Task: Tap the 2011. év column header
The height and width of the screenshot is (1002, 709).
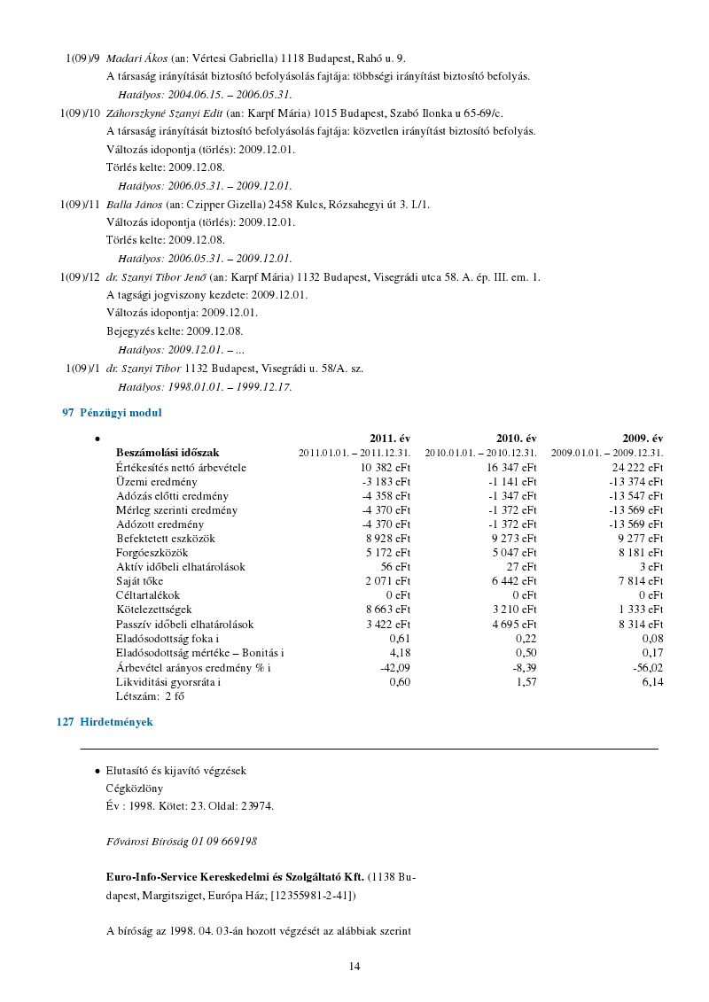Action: click(x=390, y=439)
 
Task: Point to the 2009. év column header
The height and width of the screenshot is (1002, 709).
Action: click(x=643, y=439)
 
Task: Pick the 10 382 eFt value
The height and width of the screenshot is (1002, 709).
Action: click(x=386, y=467)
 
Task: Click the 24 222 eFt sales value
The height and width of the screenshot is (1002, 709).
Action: click(x=638, y=467)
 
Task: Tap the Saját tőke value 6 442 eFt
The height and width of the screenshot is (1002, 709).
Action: click(x=514, y=581)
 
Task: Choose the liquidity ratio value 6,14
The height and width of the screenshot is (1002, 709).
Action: click(x=652, y=682)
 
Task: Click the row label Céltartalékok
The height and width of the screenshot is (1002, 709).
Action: click(x=148, y=595)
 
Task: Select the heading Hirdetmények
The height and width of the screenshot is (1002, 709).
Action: click(x=116, y=722)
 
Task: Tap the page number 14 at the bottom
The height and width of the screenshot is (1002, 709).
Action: click(x=354, y=967)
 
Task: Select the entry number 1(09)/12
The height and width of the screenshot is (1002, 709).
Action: click(x=80, y=278)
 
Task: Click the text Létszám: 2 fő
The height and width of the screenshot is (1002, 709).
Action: click(x=150, y=696)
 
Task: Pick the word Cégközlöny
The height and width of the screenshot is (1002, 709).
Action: click(x=135, y=788)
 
